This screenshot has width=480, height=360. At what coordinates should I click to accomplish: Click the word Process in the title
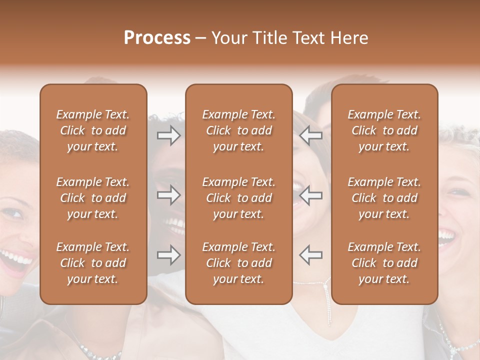[x=157, y=38]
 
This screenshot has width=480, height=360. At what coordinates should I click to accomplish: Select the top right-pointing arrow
[x=168, y=135]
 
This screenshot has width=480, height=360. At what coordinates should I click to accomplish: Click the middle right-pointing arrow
[x=168, y=195]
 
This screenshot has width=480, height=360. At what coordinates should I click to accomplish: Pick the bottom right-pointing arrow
[x=168, y=255]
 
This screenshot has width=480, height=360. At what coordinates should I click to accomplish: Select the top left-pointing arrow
[x=311, y=135]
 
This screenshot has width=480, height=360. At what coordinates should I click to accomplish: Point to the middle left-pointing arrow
[x=311, y=195]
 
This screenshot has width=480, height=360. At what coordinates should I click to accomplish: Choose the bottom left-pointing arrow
[x=311, y=255]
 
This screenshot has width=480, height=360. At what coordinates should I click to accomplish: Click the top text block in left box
[x=93, y=130]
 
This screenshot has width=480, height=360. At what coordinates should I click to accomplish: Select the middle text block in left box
[x=93, y=198]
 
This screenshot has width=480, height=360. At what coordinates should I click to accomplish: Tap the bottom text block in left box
[x=93, y=263]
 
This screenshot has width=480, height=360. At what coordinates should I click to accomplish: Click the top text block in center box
[x=239, y=130]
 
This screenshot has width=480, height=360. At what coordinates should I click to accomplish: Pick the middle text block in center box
[x=239, y=198]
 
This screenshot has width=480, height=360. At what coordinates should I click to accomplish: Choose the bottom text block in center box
[x=239, y=263]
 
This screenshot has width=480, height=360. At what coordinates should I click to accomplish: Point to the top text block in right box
[x=384, y=130]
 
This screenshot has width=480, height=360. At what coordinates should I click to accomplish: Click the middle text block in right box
[x=384, y=198]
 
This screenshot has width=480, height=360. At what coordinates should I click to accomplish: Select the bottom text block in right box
[x=384, y=263]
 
